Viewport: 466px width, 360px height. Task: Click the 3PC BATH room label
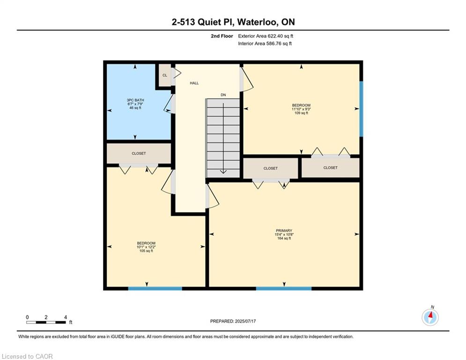pos(135,100)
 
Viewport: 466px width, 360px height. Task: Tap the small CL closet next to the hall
pos(165,75)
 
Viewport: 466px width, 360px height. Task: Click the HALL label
pos(194,83)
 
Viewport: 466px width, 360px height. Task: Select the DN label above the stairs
pos(223,95)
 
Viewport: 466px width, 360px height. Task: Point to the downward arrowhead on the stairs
pos(223,172)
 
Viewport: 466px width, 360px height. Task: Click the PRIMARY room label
pos(284,231)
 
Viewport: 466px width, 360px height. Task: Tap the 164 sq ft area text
pos(284,238)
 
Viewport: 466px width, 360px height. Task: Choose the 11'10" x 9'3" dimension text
pos(301,109)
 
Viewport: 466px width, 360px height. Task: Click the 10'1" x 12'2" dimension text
pos(146,247)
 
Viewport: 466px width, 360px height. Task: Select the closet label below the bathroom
pos(139,154)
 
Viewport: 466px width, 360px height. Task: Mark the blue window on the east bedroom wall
pos(362,109)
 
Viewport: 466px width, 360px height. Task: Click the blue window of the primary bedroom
pos(284,289)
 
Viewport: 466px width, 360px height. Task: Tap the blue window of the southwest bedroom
pos(155,289)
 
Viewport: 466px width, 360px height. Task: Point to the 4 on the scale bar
pos(66,317)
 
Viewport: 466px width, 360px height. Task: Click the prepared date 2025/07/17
pos(245,321)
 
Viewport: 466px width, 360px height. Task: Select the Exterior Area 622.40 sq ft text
pos(266,36)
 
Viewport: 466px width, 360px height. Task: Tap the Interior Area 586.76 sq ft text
pos(265,44)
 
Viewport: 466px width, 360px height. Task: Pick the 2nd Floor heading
pos(222,36)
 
